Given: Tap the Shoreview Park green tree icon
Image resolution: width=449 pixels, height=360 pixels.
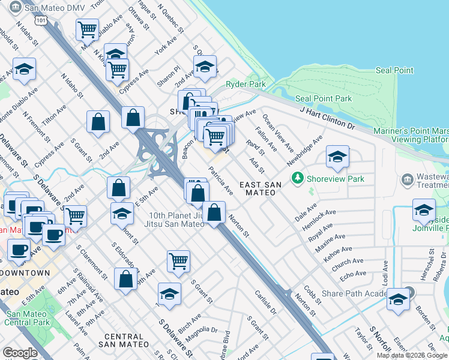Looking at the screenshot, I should [297, 178].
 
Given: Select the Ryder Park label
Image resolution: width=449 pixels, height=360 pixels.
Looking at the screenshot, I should [246, 85].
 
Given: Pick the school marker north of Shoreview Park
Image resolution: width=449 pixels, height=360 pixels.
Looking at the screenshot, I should [338, 157].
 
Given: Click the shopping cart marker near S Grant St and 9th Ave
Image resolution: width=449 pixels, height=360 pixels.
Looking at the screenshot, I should [179, 260].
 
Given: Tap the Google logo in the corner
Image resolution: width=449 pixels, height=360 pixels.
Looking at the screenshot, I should [20, 353].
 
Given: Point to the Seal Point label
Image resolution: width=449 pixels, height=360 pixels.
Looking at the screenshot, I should [394, 70].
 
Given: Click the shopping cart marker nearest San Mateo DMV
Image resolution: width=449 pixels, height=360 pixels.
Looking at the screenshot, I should [88, 29].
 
